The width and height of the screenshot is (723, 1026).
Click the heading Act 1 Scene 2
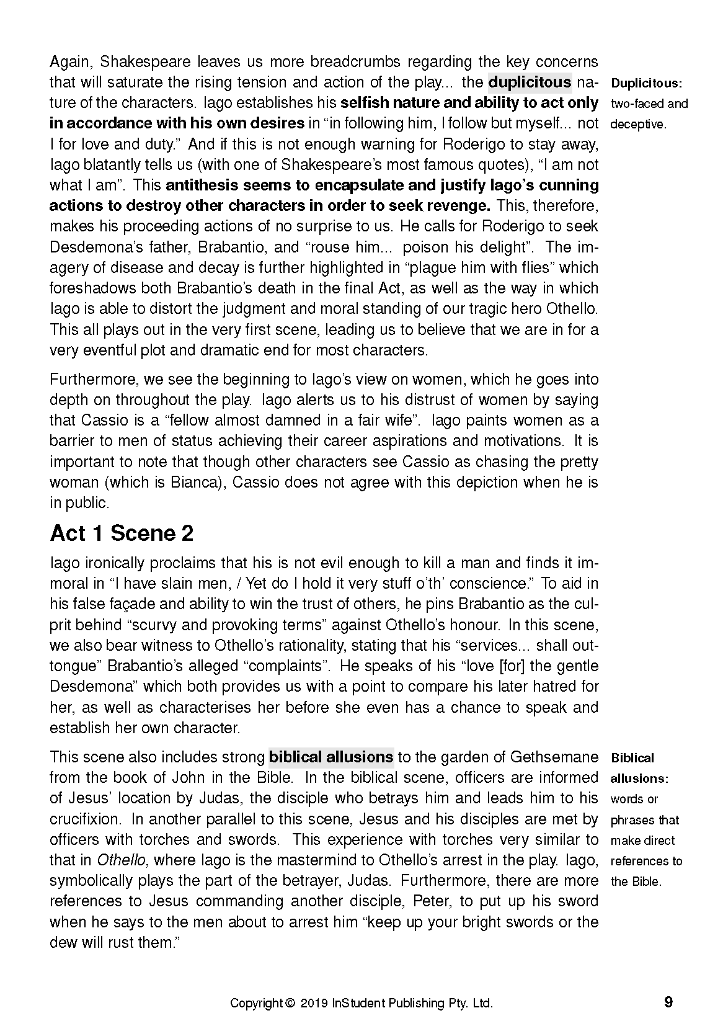[x=122, y=533]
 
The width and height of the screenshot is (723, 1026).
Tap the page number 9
[x=668, y=1002]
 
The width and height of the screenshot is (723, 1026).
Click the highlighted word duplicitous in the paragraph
[x=530, y=82]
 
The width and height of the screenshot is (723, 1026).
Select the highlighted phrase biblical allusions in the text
[x=331, y=757]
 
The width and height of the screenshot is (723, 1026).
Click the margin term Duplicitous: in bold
[x=646, y=83]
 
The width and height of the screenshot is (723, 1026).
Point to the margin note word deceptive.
[x=638, y=124]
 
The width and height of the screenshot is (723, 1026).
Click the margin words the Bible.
[x=636, y=881]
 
